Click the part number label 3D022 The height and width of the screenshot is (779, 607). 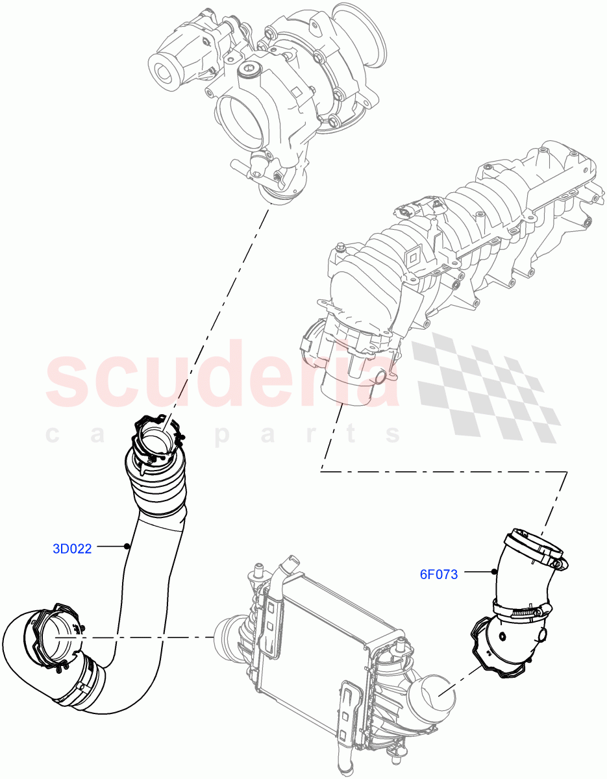click(x=72, y=549)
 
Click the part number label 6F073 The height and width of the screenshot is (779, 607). click(x=439, y=574)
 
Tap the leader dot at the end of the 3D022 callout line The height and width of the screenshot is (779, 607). click(x=128, y=547)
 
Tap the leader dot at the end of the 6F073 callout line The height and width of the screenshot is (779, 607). click(x=495, y=572)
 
